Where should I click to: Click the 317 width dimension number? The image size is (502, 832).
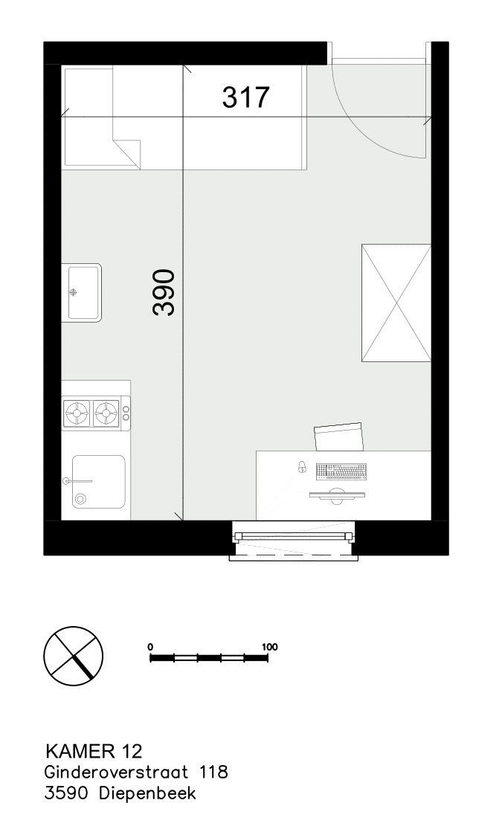click(245, 97)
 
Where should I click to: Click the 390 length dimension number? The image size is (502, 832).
click(164, 292)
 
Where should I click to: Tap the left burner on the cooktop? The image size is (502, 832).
click(77, 413)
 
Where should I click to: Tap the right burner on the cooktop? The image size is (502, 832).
click(106, 413)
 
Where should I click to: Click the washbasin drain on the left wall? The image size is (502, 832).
click(74, 291)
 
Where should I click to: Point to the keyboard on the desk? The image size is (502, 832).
click(341, 471)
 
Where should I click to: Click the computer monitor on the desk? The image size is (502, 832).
click(337, 497)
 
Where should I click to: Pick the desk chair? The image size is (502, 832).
click(339, 437)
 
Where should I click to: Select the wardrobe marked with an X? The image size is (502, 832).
click(396, 303)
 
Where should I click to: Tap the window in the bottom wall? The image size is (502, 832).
click(294, 540)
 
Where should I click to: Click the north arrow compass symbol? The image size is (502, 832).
click(73, 656)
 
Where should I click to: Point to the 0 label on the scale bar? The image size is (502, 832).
click(151, 647)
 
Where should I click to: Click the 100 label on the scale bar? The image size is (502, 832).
click(269, 647)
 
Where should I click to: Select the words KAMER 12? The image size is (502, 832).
click(94, 751)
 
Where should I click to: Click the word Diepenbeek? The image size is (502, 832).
click(147, 793)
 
